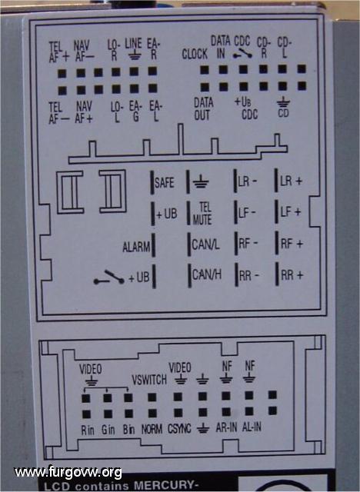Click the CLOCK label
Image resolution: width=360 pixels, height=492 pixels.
(x=195, y=54)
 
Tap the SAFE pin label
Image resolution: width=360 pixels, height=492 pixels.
(x=165, y=183)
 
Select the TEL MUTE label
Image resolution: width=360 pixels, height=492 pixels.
(x=202, y=214)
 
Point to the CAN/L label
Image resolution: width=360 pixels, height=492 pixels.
(x=205, y=244)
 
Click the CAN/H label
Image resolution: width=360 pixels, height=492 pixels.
(x=206, y=275)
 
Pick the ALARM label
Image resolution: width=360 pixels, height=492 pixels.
(x=136, y=248)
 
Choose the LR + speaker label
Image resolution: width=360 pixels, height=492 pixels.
(x=292, y=181)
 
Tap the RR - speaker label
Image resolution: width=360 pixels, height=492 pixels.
(x=249, y=276)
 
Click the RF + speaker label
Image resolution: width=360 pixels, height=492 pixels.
(x=292, y=244)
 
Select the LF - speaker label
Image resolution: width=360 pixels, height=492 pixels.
(x=248, y=213)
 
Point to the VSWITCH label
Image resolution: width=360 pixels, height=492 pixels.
(x=149, y=380)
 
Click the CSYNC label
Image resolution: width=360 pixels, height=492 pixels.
(x=179, y=429)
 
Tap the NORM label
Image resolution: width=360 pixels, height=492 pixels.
(x=152, y=429)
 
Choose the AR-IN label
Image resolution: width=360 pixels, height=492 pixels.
(x=226, y=427)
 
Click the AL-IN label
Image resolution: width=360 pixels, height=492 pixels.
(x=252, y=427)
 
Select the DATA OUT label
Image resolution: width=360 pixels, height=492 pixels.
(x=203, y=109)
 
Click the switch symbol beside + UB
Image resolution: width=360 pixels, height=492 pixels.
(x=109, y=278)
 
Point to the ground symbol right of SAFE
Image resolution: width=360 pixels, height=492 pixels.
(x=201, y=181)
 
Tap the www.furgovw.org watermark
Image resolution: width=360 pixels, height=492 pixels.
(x=68, y=473)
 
